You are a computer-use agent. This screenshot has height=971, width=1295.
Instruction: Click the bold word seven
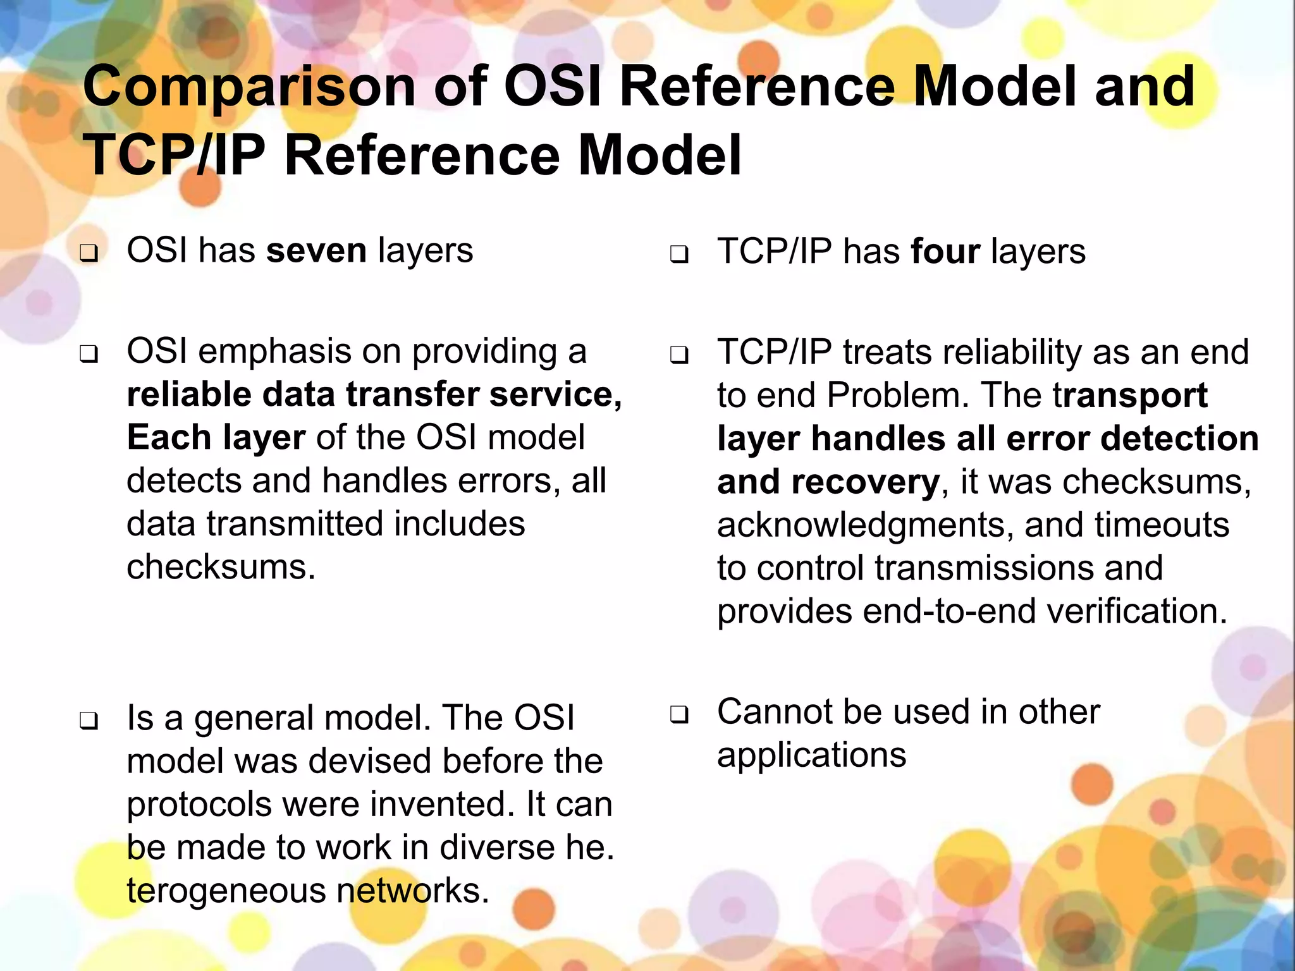(316, 250)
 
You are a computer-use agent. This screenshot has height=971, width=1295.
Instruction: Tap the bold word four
(945, 252)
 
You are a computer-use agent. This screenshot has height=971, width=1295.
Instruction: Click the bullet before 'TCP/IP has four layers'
(679, 255)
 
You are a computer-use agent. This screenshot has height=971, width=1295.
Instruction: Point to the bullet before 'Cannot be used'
(679, 715)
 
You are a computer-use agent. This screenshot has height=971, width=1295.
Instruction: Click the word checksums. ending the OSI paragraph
(221, 567)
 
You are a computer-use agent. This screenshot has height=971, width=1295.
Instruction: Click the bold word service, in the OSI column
(555, 394)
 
